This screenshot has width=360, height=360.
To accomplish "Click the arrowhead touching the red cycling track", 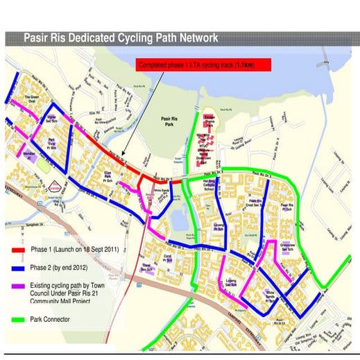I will coord(121,157).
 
